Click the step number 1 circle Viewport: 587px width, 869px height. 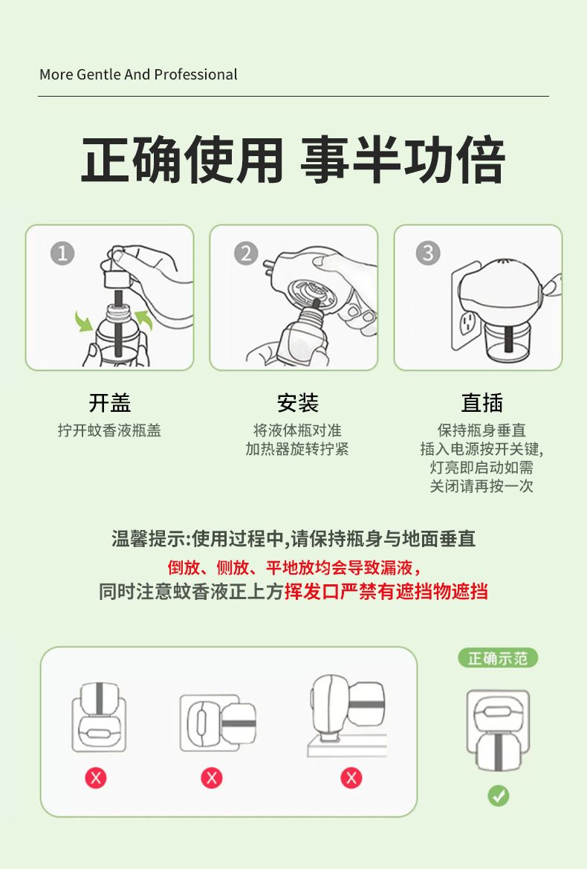(62, 253)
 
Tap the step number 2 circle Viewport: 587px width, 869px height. (246, 253)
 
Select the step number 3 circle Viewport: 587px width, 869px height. (427, 253)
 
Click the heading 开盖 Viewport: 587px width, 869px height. (110, 403)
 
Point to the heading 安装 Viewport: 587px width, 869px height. (298, 403)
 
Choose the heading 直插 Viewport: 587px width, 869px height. (481, 403)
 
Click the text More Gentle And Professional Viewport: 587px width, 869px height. (138, 74)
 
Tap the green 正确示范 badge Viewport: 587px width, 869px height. (498, 658)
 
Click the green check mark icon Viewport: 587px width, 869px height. (499, 796)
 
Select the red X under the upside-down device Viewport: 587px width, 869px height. (96, 778)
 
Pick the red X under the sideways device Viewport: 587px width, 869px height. (212, 778)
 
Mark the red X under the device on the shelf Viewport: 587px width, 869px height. (351, 778)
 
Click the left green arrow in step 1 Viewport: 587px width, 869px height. (83, 321)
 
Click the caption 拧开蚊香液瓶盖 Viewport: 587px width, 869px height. (110, 430)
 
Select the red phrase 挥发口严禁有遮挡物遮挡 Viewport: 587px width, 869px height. (386, 591)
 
